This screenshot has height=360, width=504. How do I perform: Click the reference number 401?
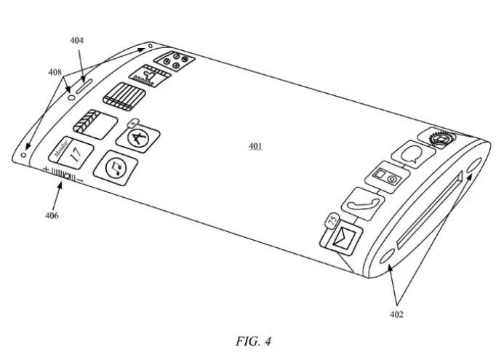pyautogui.click(x=255, y=146)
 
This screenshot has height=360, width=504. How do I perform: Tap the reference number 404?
pyautogui.click(x=76, y=41)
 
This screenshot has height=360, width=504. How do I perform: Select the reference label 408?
pyautogui.click(x=55, y=72)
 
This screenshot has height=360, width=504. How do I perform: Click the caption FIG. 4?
pyautogui.click(x=253, y=340)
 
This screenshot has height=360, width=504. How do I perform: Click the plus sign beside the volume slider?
pyautogui.click(x=46, y=170)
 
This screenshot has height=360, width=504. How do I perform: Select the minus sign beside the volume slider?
pyautogui.click(x=81, y=179)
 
